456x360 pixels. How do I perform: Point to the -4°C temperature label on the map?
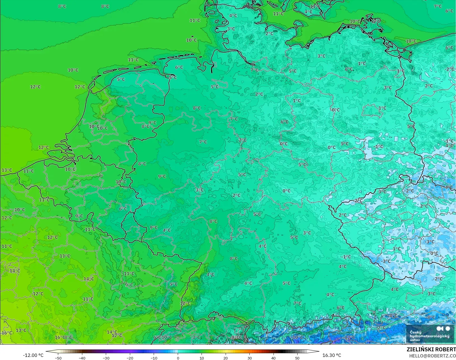pos(448,187)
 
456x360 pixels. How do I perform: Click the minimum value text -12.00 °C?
pos(33,355)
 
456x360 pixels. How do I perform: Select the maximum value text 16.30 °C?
pos(332,355)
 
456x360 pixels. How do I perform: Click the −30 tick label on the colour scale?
pos(106,358)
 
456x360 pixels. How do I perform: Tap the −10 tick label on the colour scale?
pos(154,358)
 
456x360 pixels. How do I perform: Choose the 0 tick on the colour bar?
pos(178,358)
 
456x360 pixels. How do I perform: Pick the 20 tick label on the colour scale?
pos(226,358)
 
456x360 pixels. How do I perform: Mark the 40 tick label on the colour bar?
pos(273,358)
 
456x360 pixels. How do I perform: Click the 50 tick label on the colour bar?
pos(297,358)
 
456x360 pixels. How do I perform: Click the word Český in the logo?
pos(415,332)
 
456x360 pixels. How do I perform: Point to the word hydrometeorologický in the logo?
pos(429,336)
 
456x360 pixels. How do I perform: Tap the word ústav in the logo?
pos(415,340)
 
